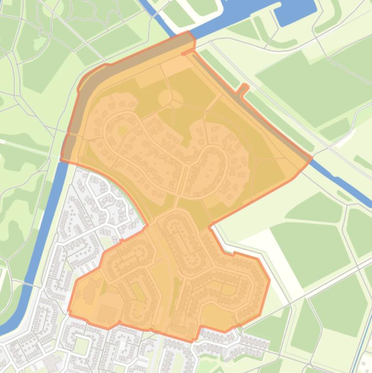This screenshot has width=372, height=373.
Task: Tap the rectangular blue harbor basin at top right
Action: click(296, 13)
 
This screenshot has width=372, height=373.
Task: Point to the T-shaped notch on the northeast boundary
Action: click(243, 89)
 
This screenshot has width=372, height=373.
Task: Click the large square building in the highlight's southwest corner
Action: click(107, 314)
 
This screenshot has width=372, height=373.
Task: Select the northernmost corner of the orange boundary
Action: click(189, 32)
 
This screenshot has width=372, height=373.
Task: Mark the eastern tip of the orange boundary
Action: click(312, 157)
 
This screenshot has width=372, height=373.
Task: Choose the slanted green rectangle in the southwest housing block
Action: click(138, 292)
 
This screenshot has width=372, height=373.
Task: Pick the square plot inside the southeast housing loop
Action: click(228, 289)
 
